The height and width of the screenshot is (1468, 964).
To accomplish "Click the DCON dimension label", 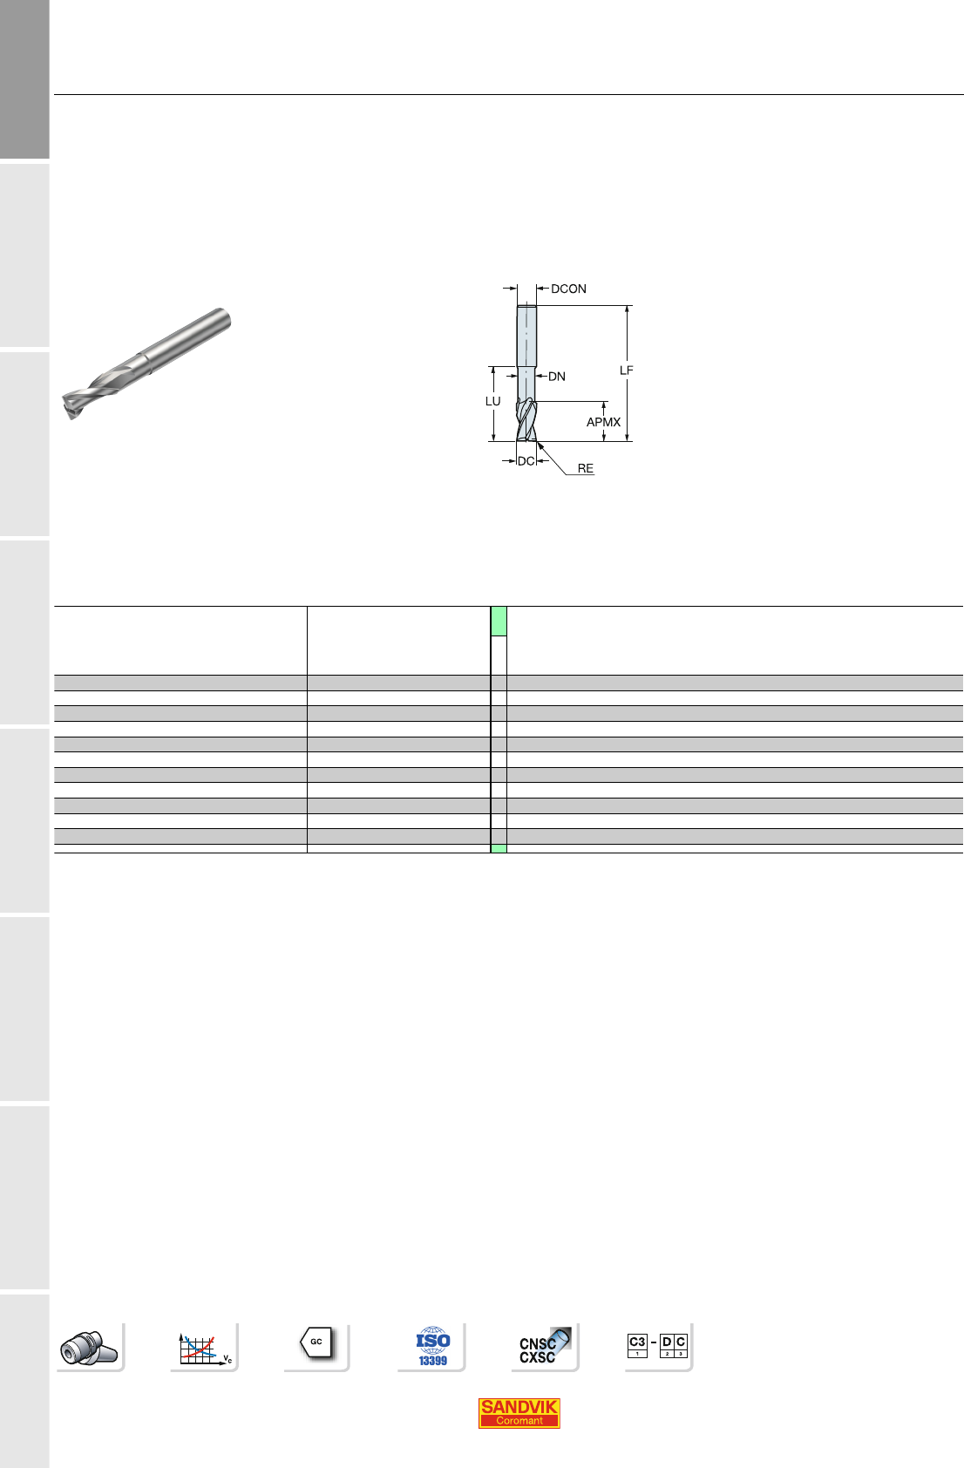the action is pos(568,289).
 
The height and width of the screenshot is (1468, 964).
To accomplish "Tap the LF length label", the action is pos(627,371).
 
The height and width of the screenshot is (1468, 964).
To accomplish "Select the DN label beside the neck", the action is pos(556,377).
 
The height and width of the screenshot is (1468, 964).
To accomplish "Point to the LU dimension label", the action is pos(492,402).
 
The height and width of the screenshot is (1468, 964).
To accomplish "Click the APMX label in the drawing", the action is pos(603,423).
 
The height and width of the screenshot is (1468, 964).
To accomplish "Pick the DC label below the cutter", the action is pos(526,461).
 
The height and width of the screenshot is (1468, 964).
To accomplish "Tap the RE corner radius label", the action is pos(585,469).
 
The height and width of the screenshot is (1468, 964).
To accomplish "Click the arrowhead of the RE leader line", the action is pos(540,445).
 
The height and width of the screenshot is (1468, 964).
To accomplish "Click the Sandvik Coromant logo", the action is pos(519,1413).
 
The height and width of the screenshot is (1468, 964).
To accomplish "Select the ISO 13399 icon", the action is pos(432,1346).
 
